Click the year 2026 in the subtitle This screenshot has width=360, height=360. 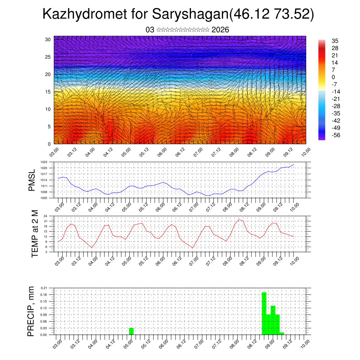pos(220,30)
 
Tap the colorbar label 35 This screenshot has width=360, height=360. pos(335,41)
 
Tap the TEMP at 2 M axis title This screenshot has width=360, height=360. pos(34,234)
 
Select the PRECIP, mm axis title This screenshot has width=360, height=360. pos(32,311)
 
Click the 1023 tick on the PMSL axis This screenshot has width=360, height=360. pos(44,162)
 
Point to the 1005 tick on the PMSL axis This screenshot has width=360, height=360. pos(44,198)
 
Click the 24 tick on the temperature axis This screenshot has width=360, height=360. pos(45,216)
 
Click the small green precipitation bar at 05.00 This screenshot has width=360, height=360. pos(131,331)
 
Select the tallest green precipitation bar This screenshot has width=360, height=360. pos(264,313)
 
